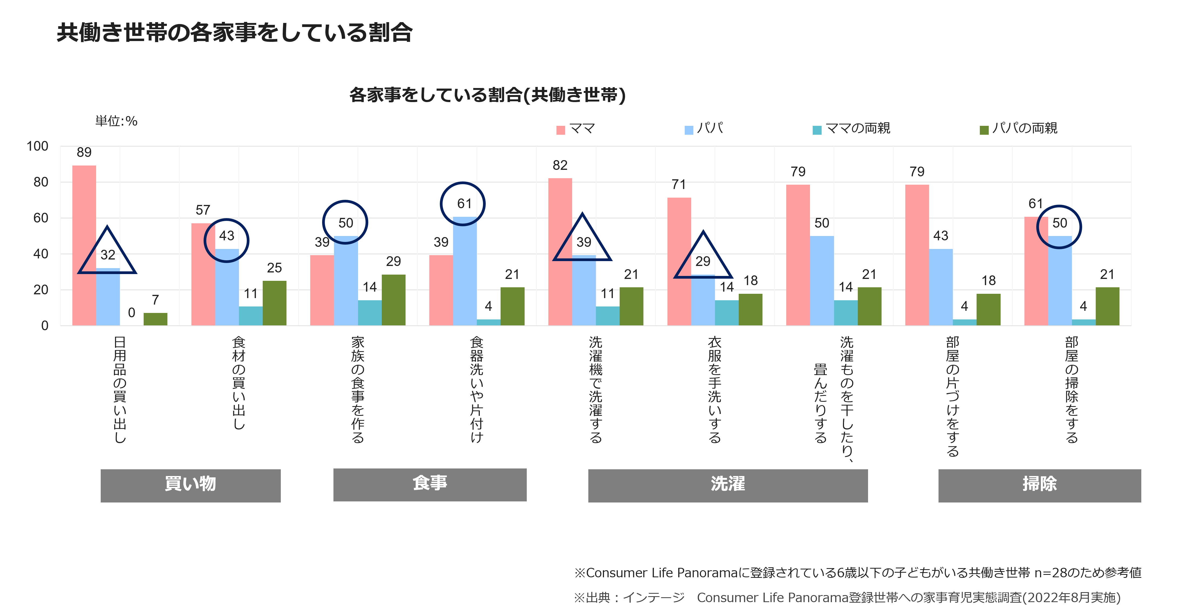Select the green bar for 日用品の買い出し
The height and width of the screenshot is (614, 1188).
pyautogui.click(x=156, y=319)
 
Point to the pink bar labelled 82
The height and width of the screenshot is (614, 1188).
pyautogui.click(x=560, y=252)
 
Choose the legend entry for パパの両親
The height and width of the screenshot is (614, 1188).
pyautogui.click(x=1018, y=128)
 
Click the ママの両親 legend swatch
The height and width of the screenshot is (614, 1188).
pyautogui.click(x=817, y=130)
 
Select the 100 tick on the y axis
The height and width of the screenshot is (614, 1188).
pyautogui.click(x=37, y=146)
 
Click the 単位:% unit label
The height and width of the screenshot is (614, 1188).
pyautogui.click(x=116, y=121)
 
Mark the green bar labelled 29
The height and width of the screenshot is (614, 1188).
pyautogui.click(x=393, y=300)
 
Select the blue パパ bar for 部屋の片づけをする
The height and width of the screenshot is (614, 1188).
pyautogui.click(x=941, y=287)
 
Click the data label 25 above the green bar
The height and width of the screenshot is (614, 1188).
pyautogui.click(x=274, y=268)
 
